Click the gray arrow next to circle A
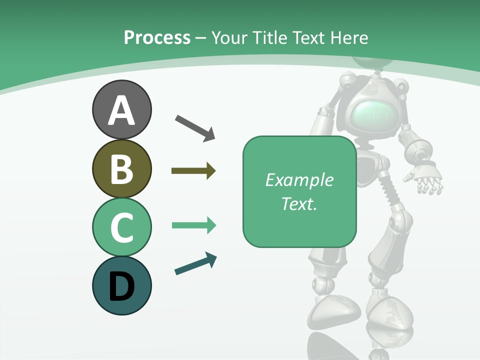(195, 128)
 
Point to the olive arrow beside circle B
(193, 171)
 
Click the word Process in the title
(157, 37)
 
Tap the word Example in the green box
(299, 180)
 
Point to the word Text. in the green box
(299, 203)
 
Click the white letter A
(121, 110)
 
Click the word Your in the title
(230, 37)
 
